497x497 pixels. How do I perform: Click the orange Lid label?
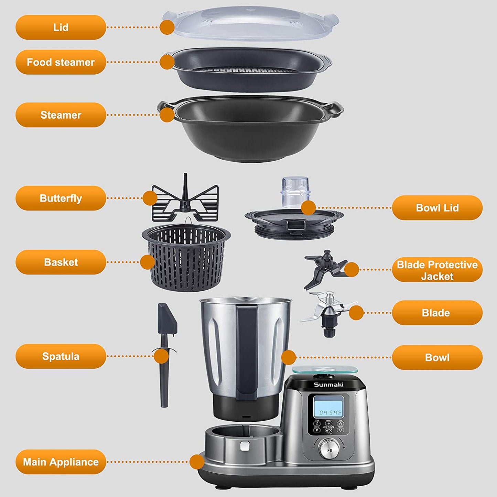pos(61,27)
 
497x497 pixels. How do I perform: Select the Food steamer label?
pos(61,62)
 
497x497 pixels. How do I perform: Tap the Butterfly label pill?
pos(61,198)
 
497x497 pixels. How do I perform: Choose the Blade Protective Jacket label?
pos(437,270)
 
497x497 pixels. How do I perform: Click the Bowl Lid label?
pos(437,208)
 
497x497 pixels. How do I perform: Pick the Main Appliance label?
pos(61,462)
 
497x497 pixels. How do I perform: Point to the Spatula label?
pos(61,356)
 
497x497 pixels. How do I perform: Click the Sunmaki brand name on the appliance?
pos(328,385)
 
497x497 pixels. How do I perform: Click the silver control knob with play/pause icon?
pos(329,450)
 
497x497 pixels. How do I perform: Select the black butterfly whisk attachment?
pos(185,203)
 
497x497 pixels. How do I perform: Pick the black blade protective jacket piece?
pos(323,268)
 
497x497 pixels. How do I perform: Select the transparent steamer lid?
pos(251,22)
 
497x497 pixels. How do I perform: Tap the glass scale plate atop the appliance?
pos(324,370)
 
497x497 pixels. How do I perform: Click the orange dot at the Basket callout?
pos(148,262)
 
